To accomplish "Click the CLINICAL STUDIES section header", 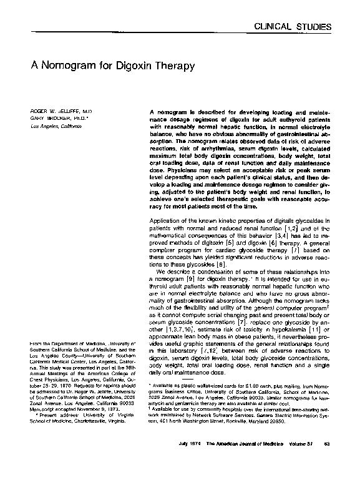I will click(x=307, y=26).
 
